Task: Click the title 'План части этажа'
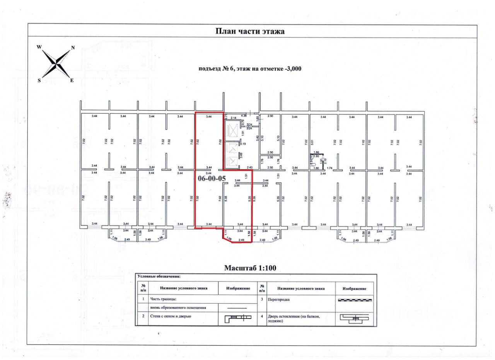click(250, 31)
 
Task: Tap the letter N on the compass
click(73, 48)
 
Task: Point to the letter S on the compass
click(39, 80)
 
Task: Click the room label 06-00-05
click(211, 179)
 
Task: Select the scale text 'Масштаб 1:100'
click(250, 268)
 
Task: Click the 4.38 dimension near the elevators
click(244, 115)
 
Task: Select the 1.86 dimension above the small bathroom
click(316, 152)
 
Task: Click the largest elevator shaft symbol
click(233, 130)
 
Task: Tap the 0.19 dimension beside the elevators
click(243, 144)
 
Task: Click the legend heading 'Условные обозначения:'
click(159, 277)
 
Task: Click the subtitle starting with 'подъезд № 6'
click(250, 69)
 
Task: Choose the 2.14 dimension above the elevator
click(233, 117)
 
